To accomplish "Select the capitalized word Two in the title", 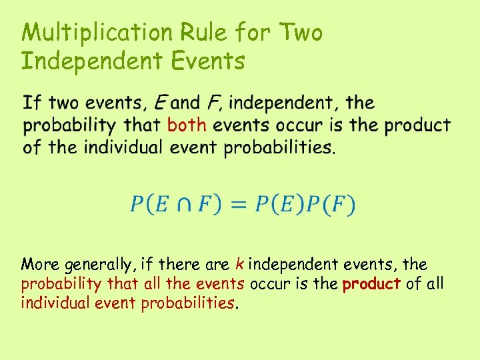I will pyautogui.click(x=301, y=33).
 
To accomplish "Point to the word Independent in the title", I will pyautogui.click(x=91, y=61).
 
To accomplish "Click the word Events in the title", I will pyautogui.click(x=207, y=61).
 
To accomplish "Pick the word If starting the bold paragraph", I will pyautogui.click(x=32, y=103).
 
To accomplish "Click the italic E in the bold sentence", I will pyautogui.click(x=160, y=103).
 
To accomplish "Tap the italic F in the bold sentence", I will pyautogui.click(x=214, y=103).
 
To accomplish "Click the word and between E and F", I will pyautogui.click(x=185, y=103).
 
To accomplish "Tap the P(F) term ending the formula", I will pyautogui.click(x=331, y=203).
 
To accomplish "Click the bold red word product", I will pyautogui.click(x=371, y=284).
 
